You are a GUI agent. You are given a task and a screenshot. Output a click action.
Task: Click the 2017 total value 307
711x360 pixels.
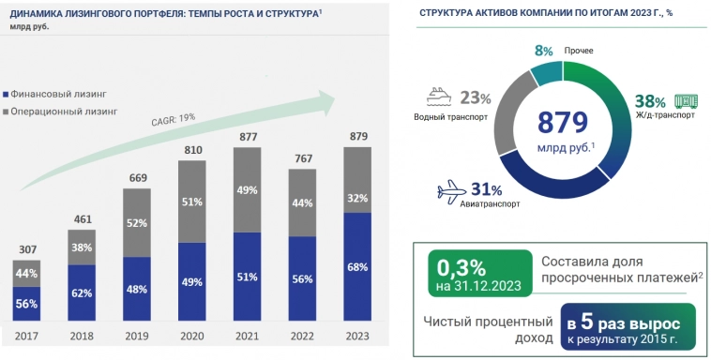coord(26,249)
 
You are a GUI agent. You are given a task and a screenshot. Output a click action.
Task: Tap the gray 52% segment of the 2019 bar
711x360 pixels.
coord(138,223)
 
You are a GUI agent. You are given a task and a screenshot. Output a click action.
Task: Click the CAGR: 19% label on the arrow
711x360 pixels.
coord(173,118)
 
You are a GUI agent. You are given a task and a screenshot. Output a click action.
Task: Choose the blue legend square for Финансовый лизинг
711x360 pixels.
coord(7,94)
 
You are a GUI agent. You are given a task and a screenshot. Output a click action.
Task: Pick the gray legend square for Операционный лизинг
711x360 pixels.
coord(7,111)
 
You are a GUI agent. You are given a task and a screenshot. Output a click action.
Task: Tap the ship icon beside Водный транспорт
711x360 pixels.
coord(440,96)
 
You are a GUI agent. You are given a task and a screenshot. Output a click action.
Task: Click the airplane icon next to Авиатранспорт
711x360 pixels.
coord(453,192)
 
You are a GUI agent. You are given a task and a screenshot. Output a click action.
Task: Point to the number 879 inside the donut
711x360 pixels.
coord(562,123)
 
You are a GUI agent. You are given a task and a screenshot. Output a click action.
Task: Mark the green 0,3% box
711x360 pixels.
coord(477,273)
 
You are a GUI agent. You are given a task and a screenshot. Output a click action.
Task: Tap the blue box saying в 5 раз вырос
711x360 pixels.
coord(628,326)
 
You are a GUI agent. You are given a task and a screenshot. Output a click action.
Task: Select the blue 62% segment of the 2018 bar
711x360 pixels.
coord(83,292)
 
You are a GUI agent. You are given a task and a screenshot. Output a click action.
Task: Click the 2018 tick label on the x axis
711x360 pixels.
coord(83,336)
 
